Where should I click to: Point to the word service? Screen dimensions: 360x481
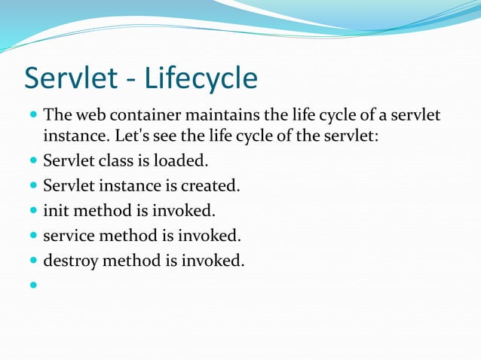pyautogui.click(x=70, y=236)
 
